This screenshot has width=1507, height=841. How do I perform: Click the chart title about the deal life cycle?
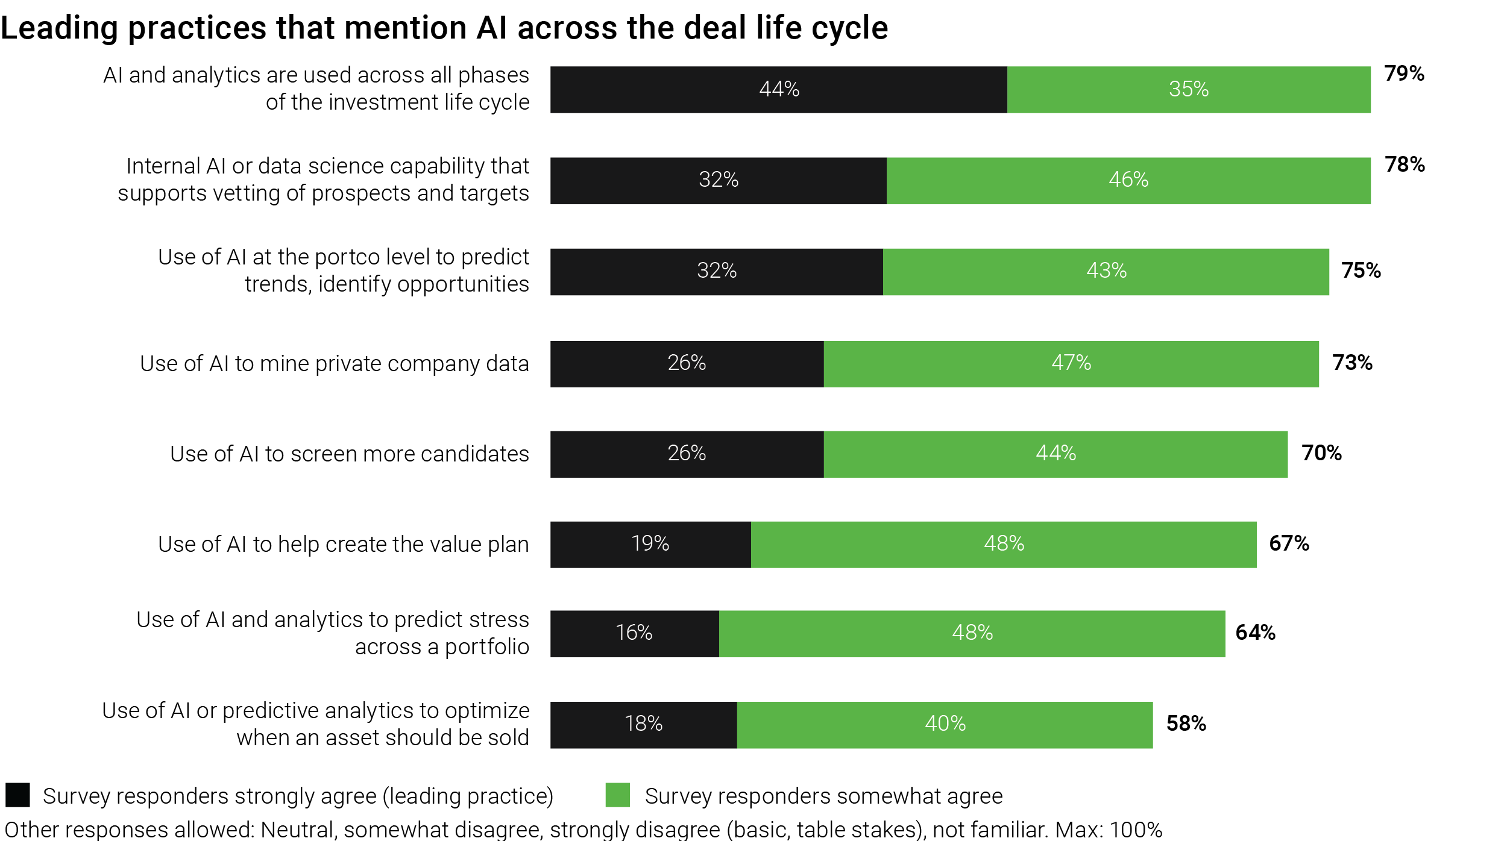[x=444, y=28]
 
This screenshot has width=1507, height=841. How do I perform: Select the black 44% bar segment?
[x=778, y=90]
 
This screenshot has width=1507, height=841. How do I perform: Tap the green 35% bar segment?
[x=1188, y=90]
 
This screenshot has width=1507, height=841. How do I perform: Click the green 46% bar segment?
[x=1128, y=180]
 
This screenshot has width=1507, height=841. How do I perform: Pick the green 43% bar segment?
[x=1106, y=272]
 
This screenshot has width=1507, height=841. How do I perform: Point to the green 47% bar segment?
[x=1071, y=364]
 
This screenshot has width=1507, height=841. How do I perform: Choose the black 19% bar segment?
[x=650, y=544]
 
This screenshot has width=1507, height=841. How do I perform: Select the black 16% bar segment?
[x=634, y=633]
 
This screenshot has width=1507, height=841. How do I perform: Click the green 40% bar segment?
[x=945, y=724]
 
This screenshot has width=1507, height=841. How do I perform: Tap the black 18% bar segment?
[x=643, y=724]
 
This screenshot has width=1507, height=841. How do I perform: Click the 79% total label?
[x=1404, y=73]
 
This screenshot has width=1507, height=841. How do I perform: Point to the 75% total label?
[x=1361, y=270]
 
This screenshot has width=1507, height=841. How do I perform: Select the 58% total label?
[x=1186, y=724]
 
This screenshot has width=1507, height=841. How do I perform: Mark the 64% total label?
[x=1255, y=633]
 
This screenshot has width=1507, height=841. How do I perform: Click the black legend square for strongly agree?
[x=17, y=795]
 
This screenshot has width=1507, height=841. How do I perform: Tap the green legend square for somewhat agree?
[x=617, y=795]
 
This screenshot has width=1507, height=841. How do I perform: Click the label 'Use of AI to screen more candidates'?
[x=349, y=454]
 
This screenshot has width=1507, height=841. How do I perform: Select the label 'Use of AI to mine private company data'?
[x=334, y=364]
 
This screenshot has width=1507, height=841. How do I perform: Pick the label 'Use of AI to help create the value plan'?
[x=343, y=544]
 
